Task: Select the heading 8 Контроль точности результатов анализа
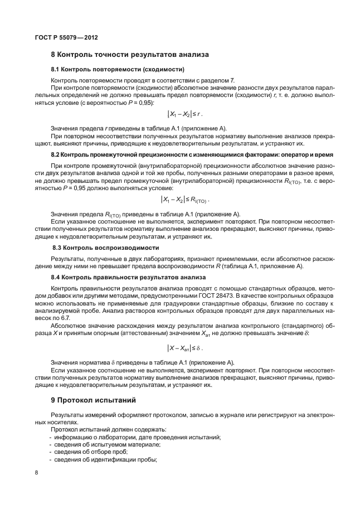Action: [130, 55]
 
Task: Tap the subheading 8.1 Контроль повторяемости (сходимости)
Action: [117, 70]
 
